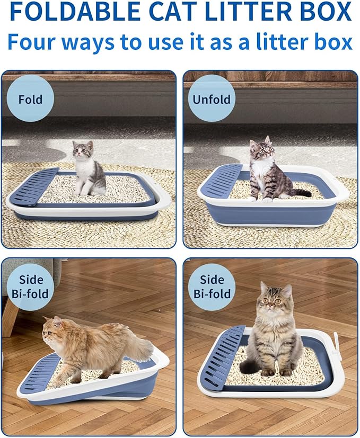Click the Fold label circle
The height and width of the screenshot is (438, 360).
30,99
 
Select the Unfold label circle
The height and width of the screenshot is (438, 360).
212,99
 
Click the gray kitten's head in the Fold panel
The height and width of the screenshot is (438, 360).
82,149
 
